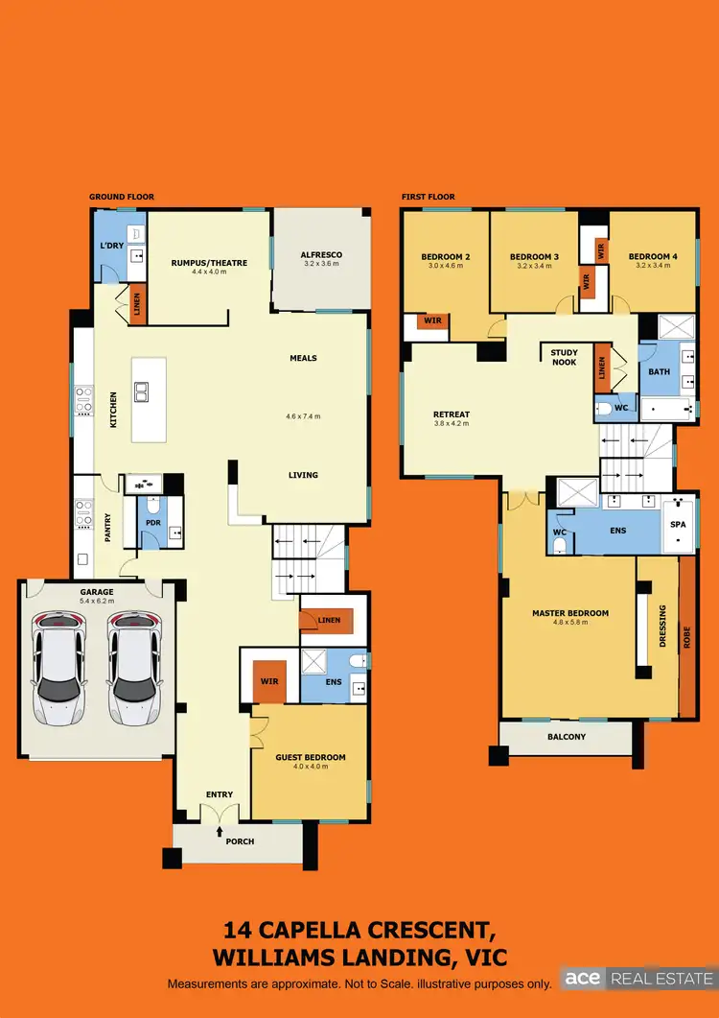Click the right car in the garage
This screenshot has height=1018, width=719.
tap(131, 668)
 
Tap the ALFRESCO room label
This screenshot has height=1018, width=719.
tap(322, 254)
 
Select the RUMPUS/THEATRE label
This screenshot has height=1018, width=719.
tap(209, 263)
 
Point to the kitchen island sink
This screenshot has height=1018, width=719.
tap(142, 391)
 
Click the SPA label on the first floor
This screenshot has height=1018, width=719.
tap(678, 526)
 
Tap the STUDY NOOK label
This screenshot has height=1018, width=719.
tap(564, 357)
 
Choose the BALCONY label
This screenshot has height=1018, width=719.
tap(566, 737)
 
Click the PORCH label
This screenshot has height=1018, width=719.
tap(240, 841)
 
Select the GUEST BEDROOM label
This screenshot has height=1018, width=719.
tap(310, 757)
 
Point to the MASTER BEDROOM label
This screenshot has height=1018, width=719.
tap(570, 613)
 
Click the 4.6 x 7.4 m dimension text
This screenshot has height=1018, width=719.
tap(303, 416)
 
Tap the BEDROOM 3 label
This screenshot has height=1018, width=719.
tap(534, 257)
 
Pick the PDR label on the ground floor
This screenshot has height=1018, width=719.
tap(152, 523)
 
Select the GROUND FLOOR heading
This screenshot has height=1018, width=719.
tap(122, 197)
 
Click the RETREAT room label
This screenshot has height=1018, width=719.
tap(452, 414)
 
